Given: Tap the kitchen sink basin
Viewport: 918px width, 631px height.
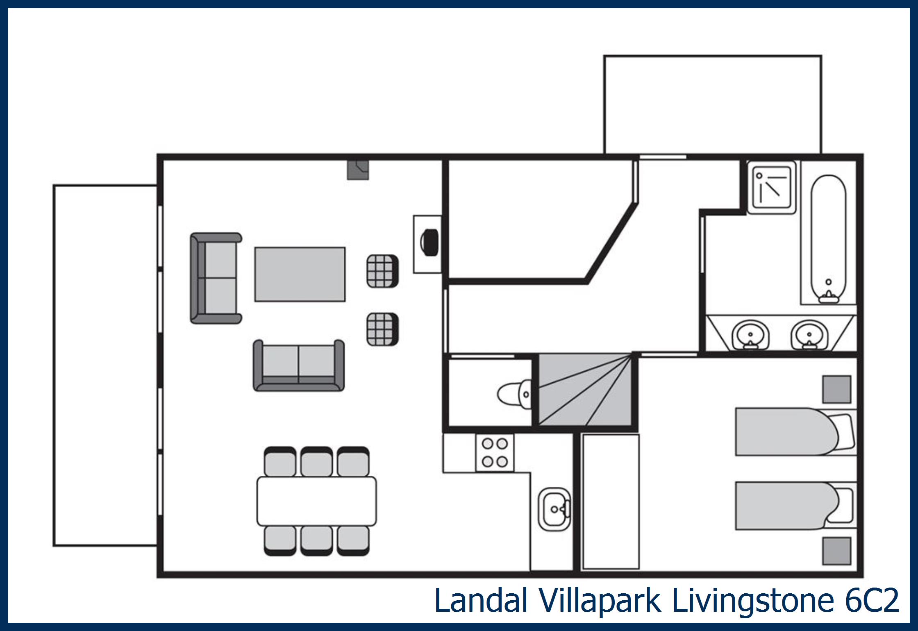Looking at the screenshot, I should pyautogui.click(x=554, y=509).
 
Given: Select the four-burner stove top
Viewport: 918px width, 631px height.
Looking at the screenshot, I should pyautogui.click(x=495, y=453).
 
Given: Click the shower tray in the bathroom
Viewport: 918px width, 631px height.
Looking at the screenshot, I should pyautogui.click(x=771, y=187).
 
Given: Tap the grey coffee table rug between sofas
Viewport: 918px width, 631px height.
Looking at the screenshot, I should pyautogui.click(x=300, y=274).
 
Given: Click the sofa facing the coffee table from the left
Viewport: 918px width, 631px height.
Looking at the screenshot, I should pyautogui.click(x=216, y=278).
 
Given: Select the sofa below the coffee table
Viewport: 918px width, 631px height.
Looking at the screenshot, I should pyautogui.click(x=299, y=365).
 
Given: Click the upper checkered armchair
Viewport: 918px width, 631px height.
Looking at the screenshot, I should pyautogui.click(x=382, y=271).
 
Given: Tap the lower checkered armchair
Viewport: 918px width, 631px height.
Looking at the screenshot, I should pyautogui.click(x=382, y=329).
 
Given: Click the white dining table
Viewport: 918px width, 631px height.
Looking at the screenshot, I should pyautogui.click(x=316, y=501).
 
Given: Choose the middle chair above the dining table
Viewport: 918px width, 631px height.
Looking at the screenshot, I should pyautogui.click(x=316, y=461).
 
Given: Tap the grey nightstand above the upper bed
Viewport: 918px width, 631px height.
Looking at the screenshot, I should pyautogui.click(x=837, y=389).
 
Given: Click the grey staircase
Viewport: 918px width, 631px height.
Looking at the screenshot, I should pyautogui.click(x=585, y=390).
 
